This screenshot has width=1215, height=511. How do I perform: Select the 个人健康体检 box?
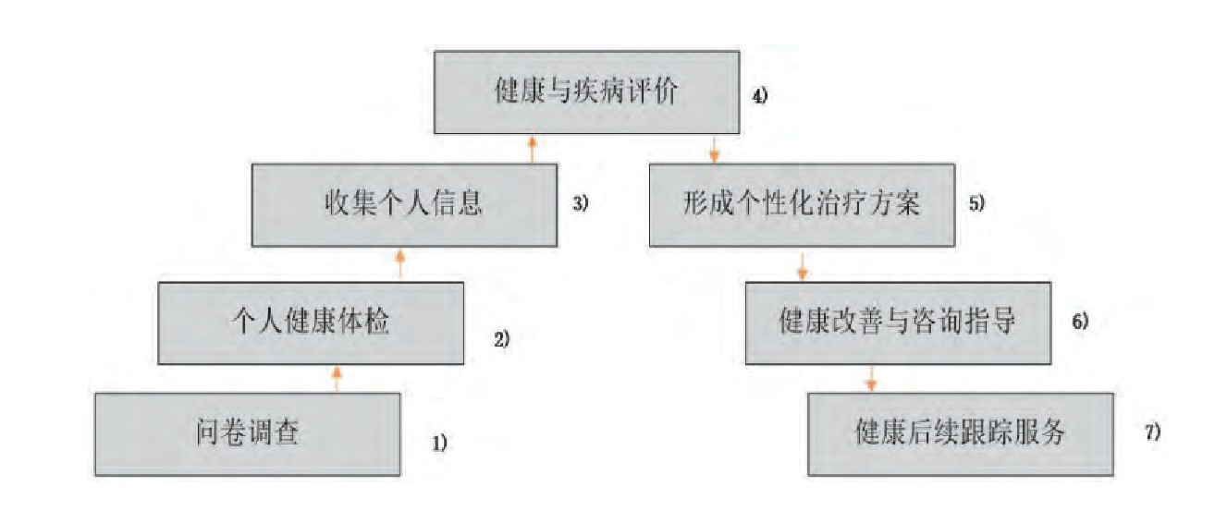[x=311, y=323]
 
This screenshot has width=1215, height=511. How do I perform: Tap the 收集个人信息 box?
[x=404, y=204]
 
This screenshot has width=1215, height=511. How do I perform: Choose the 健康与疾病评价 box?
[x=588, y=93]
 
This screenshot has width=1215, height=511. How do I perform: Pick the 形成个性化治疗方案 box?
[x=802, y=204]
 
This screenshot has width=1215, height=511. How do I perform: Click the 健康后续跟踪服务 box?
[x=961, y=433]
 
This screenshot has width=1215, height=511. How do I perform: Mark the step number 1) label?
[x=439, y=444]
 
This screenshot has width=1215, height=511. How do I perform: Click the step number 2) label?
[x=501, y=339]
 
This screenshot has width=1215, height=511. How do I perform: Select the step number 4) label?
[x=760, y=95]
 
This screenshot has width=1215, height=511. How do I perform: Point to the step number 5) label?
[x=977, y=205]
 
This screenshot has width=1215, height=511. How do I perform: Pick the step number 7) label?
[x=1152, y=432]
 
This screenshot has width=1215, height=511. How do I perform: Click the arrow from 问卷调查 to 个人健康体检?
[x=337, y=378]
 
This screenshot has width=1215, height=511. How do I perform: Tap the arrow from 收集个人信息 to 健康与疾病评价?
[x=532, y=149]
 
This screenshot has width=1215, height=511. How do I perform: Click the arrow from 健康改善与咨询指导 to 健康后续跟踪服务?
[x=870, y=379]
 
